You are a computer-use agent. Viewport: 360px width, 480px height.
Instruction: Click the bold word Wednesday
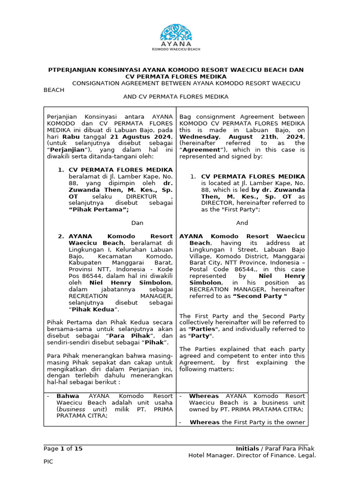click(x=196, y=136)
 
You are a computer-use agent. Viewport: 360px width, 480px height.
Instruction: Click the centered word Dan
click(x=137, y=223)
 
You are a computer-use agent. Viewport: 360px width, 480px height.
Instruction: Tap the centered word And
click(x=242, y=223)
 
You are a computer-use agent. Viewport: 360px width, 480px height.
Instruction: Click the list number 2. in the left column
click(x=61, y=236)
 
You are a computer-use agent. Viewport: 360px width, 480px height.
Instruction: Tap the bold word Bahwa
click(x=67, y=396)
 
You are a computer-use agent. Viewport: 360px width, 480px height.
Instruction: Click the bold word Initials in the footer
click(x=247, y=449)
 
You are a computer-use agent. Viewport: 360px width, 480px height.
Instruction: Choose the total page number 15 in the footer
click(x=79, y=449)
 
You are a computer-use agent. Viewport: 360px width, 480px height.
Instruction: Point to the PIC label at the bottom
click(x=49, y=462)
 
